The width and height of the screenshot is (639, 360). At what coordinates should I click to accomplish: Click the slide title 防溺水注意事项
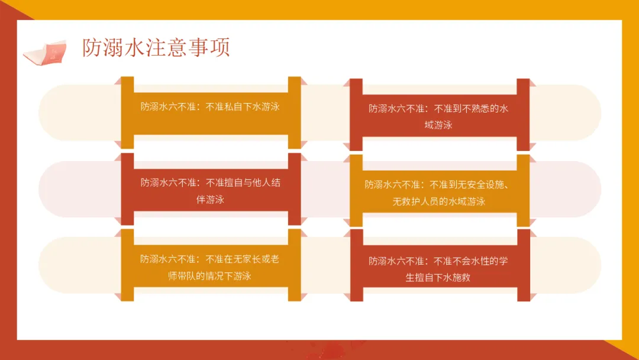pos(156,48)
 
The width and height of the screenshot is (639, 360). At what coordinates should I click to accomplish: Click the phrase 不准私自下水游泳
pos(243,107)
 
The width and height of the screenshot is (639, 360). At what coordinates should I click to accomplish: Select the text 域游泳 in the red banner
pos(438,125)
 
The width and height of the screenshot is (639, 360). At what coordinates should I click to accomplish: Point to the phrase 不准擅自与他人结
pos(243,182)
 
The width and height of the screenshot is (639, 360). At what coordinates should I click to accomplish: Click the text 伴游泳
pos(210,200)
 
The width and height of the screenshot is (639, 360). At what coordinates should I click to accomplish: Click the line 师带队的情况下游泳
pos(210,276)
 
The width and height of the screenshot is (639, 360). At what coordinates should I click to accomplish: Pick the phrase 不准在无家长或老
pos(243,259)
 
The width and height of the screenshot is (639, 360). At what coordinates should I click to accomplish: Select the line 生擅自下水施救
pos(438,277)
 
